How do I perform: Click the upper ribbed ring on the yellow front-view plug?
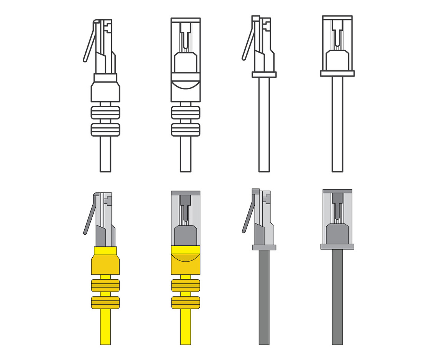(185, 285)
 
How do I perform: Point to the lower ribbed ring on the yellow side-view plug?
(105, 302)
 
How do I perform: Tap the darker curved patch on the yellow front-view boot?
(185, 258)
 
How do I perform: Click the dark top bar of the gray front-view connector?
(337, 191)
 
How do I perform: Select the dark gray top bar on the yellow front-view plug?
(185, 192)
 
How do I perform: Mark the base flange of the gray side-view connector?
(264, 247)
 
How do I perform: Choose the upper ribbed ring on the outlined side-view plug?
(105, 112)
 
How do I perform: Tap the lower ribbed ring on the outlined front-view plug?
(185, 129)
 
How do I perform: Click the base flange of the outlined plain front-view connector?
(337, 73)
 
